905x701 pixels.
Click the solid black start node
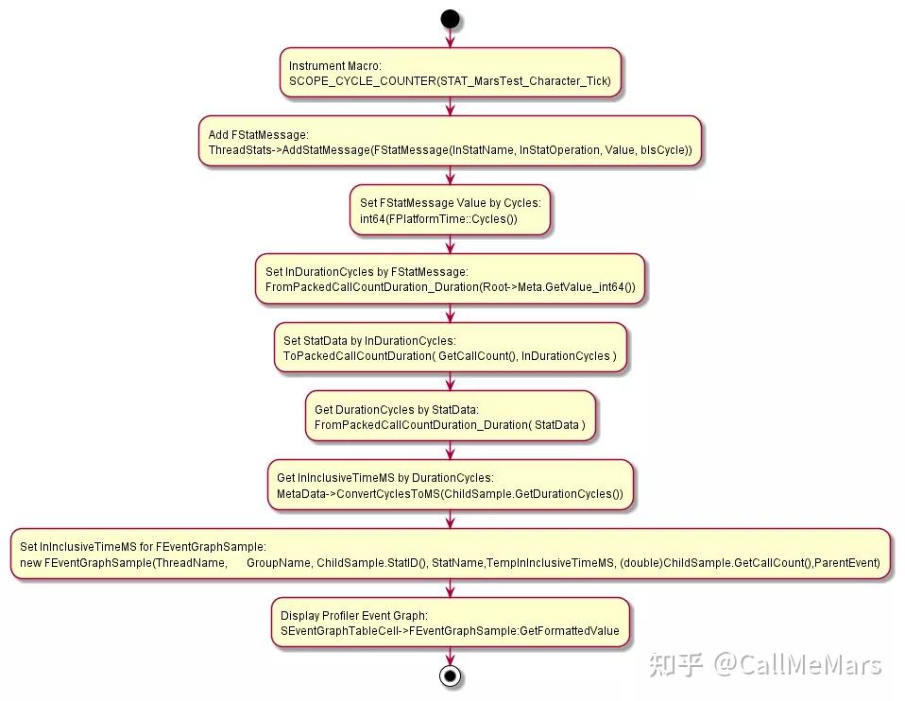[451, 19]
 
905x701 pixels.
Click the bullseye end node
[451, 675]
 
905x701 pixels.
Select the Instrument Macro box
[451, 73]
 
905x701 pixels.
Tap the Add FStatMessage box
[451, 142]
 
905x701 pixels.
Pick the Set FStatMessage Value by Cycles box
[451, 210]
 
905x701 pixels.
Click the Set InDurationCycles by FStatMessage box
[451, 279]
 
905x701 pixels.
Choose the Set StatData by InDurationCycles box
[451, 348]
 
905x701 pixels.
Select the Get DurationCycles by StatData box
[451, 417]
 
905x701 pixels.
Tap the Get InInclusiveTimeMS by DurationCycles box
[451, 485]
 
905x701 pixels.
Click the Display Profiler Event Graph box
[451, 623]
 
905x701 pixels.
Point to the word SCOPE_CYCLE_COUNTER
[363, 81]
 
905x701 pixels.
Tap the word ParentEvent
[848, 562]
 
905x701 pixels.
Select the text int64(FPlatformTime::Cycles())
[438, 219]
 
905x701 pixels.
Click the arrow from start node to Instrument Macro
[451, 38]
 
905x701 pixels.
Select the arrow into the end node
[451, 657]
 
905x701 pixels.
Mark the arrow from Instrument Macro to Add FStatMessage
[451, 107]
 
